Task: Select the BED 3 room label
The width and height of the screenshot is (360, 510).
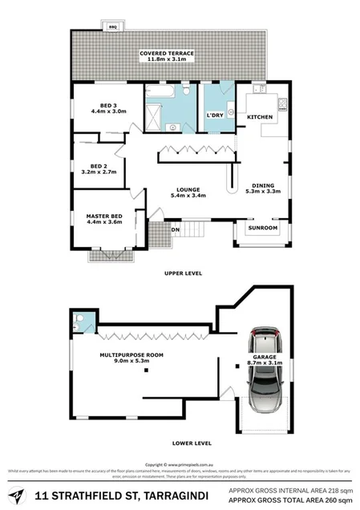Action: [108, 108]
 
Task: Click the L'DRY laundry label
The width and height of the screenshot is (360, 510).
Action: [215, 116]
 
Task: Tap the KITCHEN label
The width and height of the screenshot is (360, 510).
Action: [261, 118]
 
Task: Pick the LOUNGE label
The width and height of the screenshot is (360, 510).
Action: [188, 191]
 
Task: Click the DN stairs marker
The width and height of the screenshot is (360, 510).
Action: [176, 230]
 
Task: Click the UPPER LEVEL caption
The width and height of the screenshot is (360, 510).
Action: [181, 273]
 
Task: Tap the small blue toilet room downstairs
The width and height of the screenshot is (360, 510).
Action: [83, 322]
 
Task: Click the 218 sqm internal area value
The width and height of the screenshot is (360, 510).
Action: [339, 489]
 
